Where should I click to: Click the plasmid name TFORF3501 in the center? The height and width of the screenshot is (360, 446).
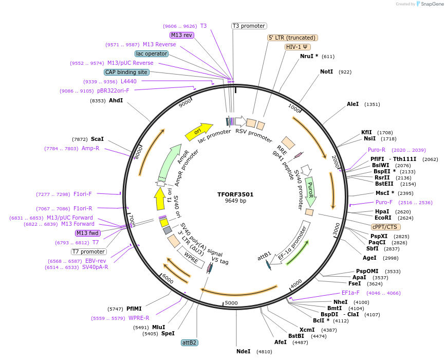(x=235, y=194)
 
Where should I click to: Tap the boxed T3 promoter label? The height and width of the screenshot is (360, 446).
(x=249, y=26)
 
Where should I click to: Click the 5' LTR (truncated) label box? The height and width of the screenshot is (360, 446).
(x=293, y=38)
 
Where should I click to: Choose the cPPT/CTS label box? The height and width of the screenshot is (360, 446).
(x=385, y=227)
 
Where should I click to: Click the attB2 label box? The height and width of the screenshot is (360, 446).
(x=190, y=342)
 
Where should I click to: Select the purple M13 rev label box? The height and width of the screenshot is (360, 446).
(x=181, y=35)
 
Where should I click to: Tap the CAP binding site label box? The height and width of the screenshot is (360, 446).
(x=126, y=72)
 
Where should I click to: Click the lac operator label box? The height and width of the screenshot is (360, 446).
(x=152, y=53)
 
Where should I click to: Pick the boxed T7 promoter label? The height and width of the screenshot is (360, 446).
(x=89, y=251)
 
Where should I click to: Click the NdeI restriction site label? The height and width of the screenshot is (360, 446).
(x=243, y=351)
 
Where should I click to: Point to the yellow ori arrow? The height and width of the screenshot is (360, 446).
(x=198, y=132)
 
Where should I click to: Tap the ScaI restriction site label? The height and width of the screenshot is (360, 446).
(x=97, y=139)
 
